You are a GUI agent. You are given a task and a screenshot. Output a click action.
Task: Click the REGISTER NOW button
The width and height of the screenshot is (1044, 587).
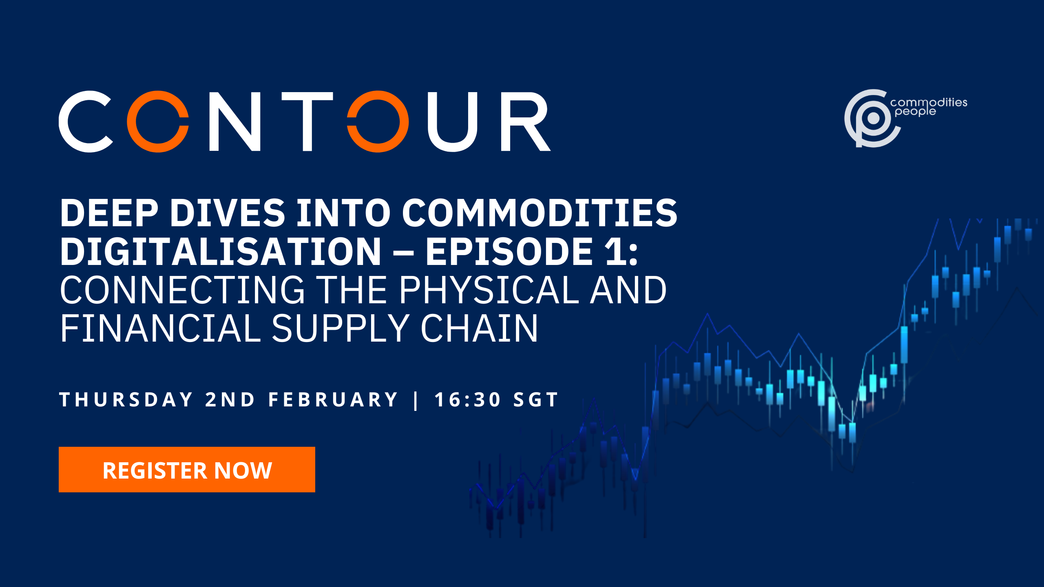click(x=187, y=470)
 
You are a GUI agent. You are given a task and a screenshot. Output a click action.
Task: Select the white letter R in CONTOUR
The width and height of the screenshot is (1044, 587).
click(x=526, y=121)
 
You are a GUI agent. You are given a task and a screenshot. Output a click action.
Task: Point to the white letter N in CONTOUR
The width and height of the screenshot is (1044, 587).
click(x=235, y=121)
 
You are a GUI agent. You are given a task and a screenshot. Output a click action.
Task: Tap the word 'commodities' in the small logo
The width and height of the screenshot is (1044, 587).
click(x=929, y=102)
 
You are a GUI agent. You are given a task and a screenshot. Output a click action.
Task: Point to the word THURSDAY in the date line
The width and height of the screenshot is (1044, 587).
click(x=126, y=399)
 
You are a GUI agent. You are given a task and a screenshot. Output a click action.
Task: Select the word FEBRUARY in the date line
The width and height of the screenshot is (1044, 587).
click(x=333, y=399)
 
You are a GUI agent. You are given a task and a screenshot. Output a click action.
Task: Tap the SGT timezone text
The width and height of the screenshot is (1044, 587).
click(x=535, y=399)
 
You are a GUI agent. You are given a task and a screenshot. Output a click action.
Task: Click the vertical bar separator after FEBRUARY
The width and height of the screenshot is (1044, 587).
click(x=416, y=400)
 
